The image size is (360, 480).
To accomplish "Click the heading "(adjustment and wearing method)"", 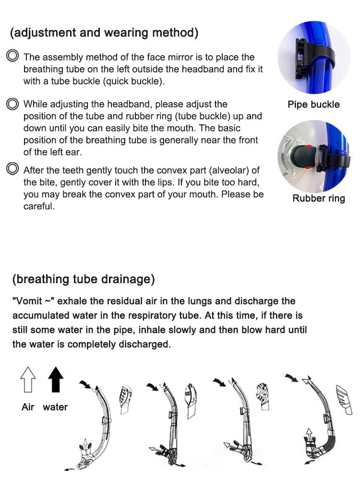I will [x=104, y=33].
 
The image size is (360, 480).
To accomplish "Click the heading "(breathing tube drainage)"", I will [x=84, y=279].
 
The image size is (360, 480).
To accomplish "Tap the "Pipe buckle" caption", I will [x=313, y=105].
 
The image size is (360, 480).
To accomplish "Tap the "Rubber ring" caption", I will [x=319, y=198].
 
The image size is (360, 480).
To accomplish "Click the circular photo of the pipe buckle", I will [x=314, y=58].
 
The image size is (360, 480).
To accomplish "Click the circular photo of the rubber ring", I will [x=314, y=153].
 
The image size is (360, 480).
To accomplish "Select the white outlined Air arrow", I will [x=28, y=379].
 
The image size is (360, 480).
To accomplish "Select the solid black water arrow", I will [x=55, y=379].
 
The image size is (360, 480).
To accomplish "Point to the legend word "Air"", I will [x=28, y=407].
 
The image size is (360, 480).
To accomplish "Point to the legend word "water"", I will [x=55, y=407].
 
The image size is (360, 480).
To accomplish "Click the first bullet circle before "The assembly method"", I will [x=12, y=56].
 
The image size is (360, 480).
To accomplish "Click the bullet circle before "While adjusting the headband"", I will [x=12, y=104].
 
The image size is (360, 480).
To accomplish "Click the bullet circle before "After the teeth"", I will [x=12, y=169].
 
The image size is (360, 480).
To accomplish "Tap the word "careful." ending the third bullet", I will [x=39, y=206].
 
